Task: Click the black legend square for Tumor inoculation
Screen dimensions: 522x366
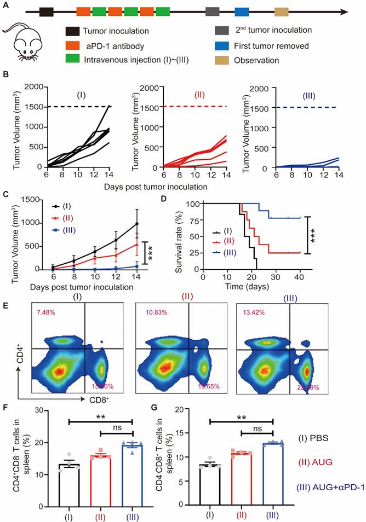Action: [x=71, y=30]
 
